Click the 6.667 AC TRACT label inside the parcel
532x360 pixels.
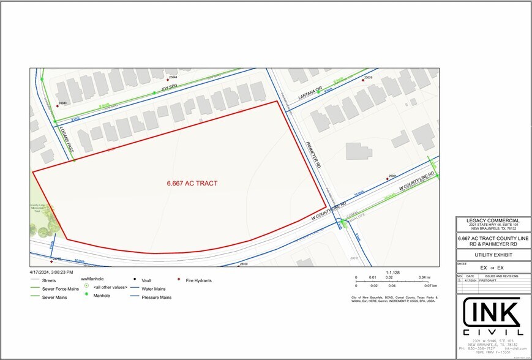tap(192, 183)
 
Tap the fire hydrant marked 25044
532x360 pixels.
tap(168, 78)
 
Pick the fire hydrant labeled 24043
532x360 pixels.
tap(56, 104)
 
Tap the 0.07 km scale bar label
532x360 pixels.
tap(430, 286)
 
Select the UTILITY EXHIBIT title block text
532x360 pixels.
tap(493, 255)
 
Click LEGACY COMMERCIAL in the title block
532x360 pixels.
tap(493, 220)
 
